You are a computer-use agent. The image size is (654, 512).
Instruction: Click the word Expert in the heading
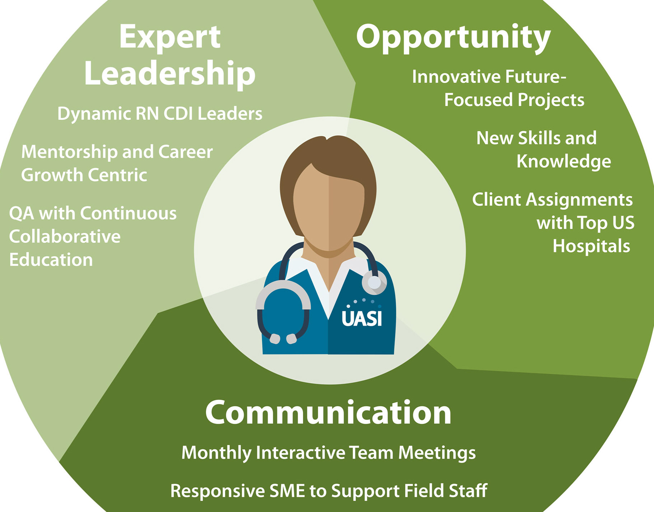[x=170, y=37]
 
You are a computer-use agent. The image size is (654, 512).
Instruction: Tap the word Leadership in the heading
[x=170, y=74]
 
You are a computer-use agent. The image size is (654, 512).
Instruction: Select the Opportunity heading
[x=453, y=38]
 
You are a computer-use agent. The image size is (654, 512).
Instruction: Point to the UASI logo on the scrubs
[x=362, y=314]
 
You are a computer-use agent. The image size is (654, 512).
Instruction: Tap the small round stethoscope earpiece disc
[x=374, y=282]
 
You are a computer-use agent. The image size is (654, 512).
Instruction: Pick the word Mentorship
[x=69, y=152]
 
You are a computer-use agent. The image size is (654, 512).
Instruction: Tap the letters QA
[x=22, y=214]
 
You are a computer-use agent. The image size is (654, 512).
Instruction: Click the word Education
[x=51, y=260]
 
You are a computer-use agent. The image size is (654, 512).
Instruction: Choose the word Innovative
[x=456, y=77]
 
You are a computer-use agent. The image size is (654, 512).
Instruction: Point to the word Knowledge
[x=564, y=162]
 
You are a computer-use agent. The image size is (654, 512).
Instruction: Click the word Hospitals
[x=591, y=246]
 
